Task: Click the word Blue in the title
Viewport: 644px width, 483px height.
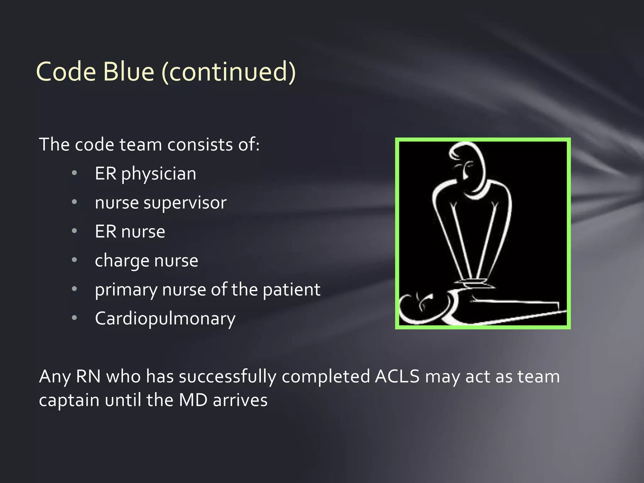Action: click(128, 72)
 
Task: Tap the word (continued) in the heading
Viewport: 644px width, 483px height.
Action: click(229, 72)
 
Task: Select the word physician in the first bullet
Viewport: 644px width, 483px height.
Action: click(158, 174)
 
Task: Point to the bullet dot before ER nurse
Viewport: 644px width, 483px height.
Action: click(74, 231)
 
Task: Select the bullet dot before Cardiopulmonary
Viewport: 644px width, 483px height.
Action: click(74, 318)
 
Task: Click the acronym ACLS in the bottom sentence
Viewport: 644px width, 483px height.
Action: click(397, 377)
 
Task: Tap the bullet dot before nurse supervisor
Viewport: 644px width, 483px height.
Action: click(74, 202)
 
